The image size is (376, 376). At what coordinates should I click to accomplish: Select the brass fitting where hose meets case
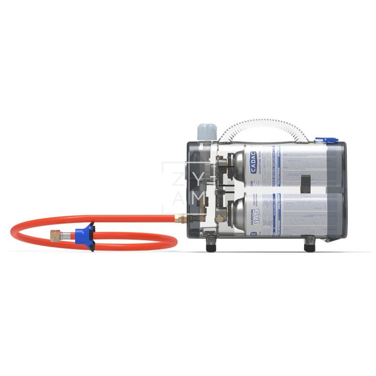[x=180, y=218]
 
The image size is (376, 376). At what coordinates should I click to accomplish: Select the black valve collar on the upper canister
[x=231, y=162]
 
